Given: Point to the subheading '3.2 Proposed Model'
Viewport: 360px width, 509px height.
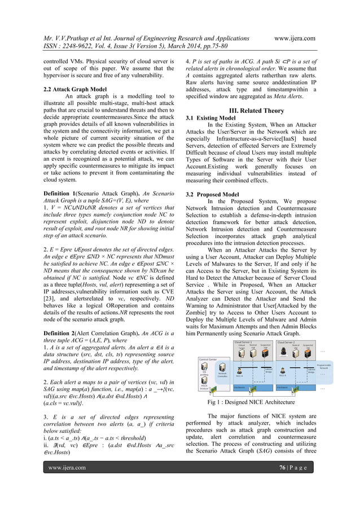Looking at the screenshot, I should coord(213,194).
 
